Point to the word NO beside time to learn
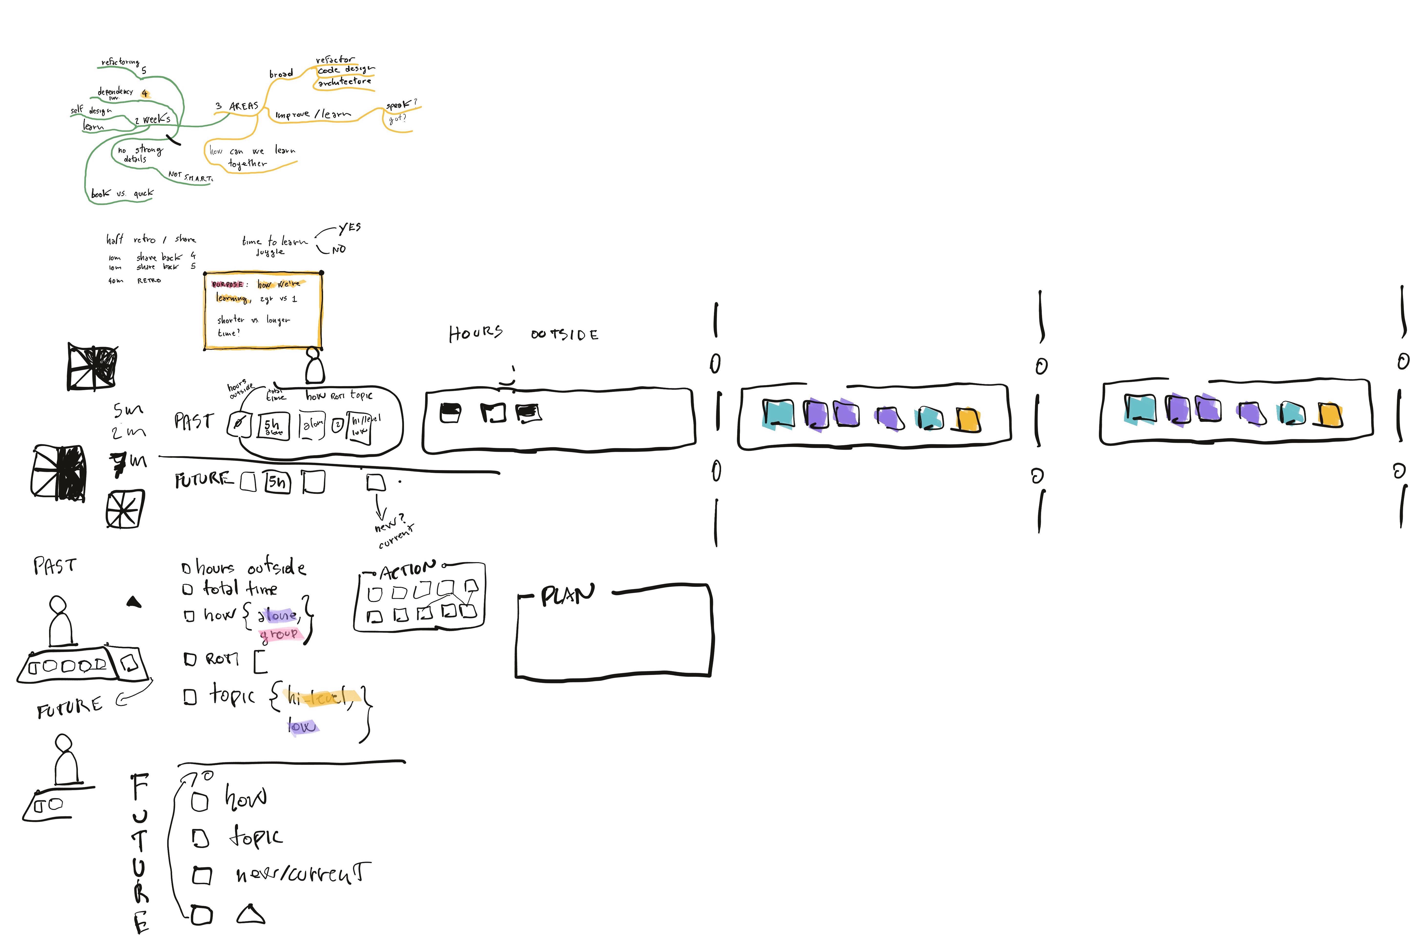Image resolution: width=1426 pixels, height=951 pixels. tap(339, 249)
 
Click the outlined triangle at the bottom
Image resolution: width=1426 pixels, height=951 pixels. tap(250, 915)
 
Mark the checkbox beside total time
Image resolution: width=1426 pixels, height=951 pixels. tap(187, 589)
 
